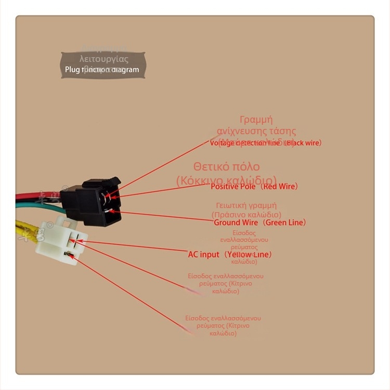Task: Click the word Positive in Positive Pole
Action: (225, 186)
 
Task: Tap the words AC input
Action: (204, 255)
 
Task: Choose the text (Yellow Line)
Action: (249, 255)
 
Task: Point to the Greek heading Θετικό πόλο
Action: (226, 167)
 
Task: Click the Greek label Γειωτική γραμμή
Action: (246, 205)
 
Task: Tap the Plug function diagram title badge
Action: (103, 65)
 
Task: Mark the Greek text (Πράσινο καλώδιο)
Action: (246, 214)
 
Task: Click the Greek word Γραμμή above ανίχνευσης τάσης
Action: (256, 120)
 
